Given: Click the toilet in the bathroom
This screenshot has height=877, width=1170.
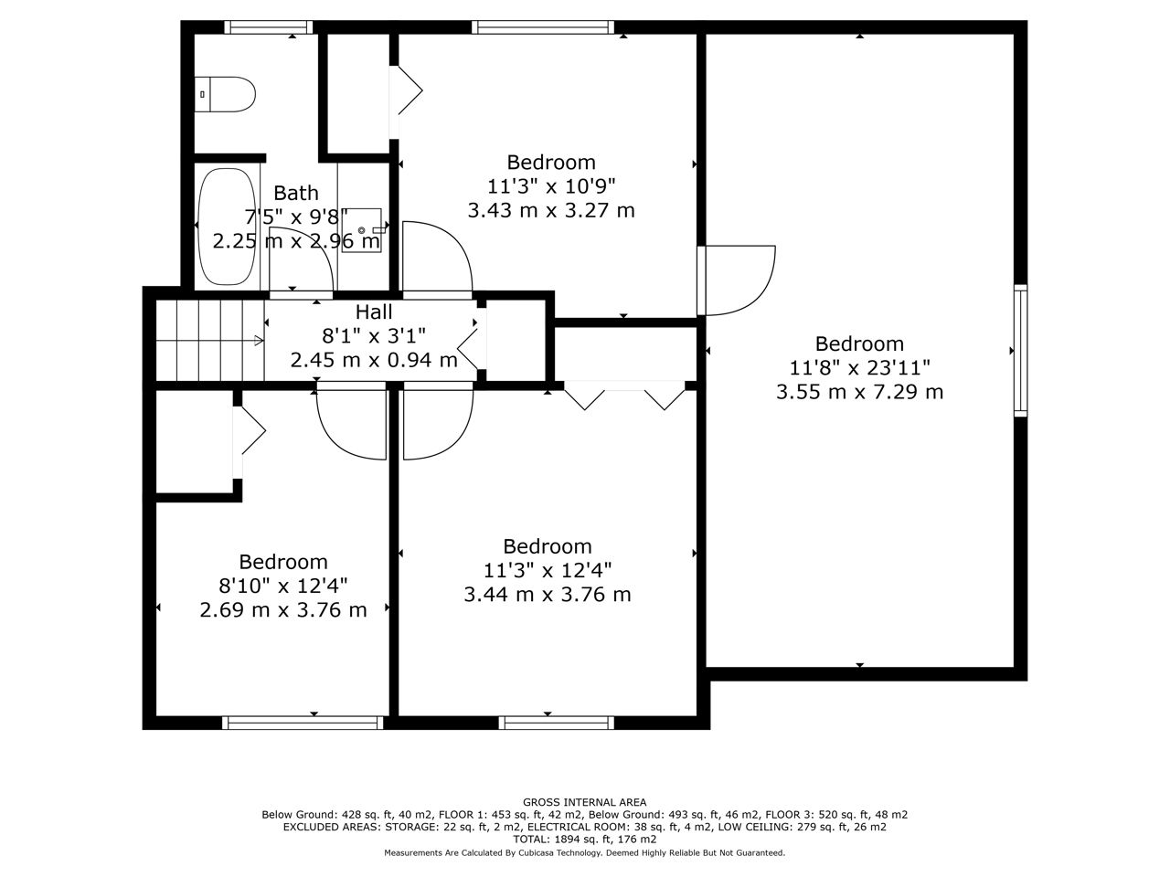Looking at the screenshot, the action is [x=225, y=94].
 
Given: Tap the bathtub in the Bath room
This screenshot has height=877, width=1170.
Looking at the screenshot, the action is [x=227, y=227].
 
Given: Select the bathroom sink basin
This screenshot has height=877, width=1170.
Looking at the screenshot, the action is [x=362, y=230].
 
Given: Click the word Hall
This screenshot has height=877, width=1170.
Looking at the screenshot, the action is [x=374, y=312].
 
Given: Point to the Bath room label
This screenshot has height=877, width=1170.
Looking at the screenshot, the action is [x=296, y=193].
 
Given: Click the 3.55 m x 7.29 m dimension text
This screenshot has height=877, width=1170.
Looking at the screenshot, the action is [x=859, y=392].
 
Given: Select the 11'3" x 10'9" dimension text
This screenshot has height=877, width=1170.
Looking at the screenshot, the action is [x=551, y=186].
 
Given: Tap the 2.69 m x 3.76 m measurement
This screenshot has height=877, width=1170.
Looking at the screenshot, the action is [x=283, y=609].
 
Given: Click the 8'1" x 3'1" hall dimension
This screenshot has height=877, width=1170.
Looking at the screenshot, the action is [x=374, y=336].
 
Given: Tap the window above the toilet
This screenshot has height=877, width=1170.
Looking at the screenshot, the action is [x=268, y=27].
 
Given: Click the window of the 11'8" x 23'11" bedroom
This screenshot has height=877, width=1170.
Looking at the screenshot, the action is [x=1020, y=351].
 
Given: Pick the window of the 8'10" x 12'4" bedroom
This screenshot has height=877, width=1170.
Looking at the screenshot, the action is [x=303, y=723].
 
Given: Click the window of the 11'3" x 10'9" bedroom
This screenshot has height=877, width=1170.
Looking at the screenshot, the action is [x=543, y=27].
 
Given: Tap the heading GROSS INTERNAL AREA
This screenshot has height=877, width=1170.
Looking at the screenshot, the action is [x=584, y=802].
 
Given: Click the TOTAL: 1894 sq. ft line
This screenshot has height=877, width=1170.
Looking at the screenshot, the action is [x=584, y=840].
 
